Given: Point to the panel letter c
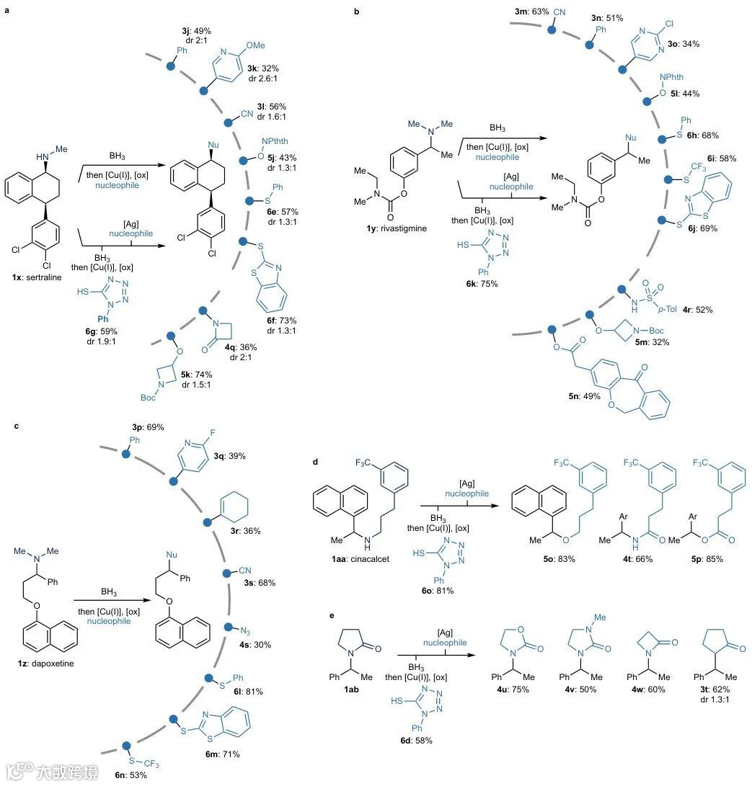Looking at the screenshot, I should pyautogui.click(x=17, y=427).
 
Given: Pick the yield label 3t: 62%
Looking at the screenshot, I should pyautogui.click(x=715, y=689).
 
